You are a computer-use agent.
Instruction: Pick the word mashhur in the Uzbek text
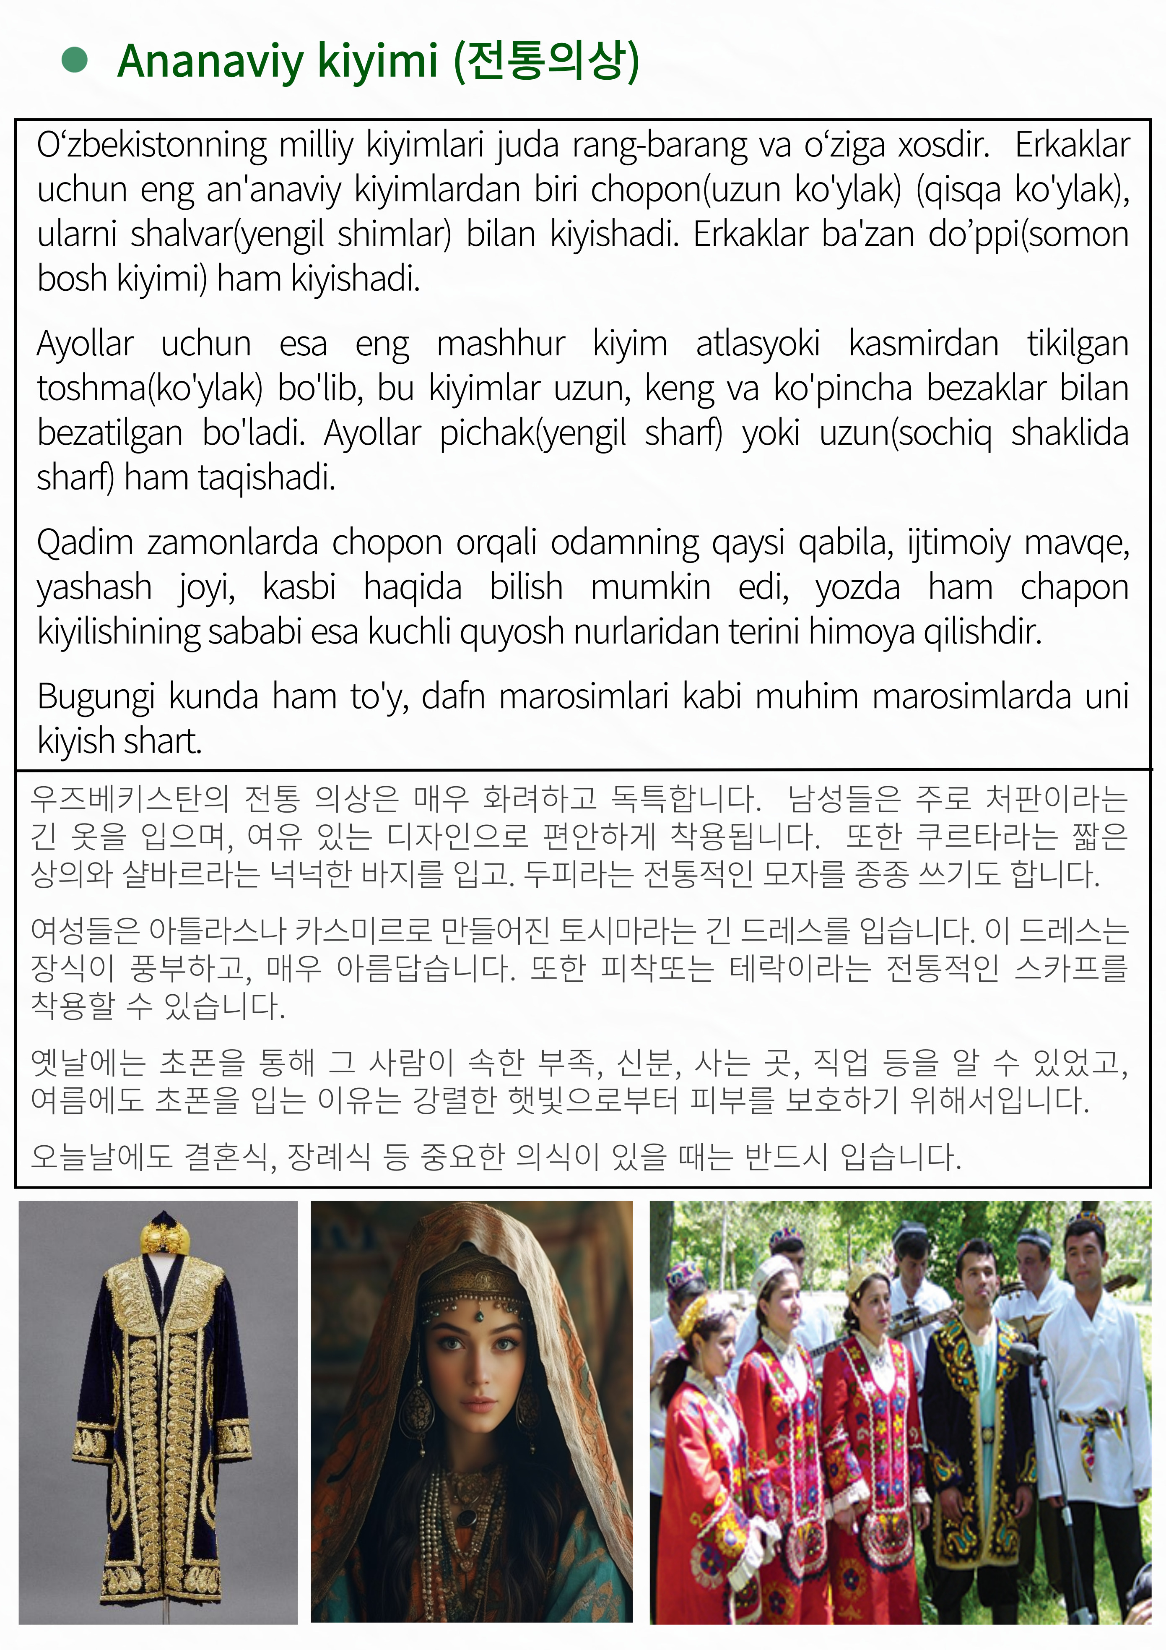501,344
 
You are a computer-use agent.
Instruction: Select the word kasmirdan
923,344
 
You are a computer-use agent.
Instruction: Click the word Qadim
85,542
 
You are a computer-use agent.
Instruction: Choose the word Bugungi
96,696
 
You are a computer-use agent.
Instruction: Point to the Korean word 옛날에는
88,1062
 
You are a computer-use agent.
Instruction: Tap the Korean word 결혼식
226,1156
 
